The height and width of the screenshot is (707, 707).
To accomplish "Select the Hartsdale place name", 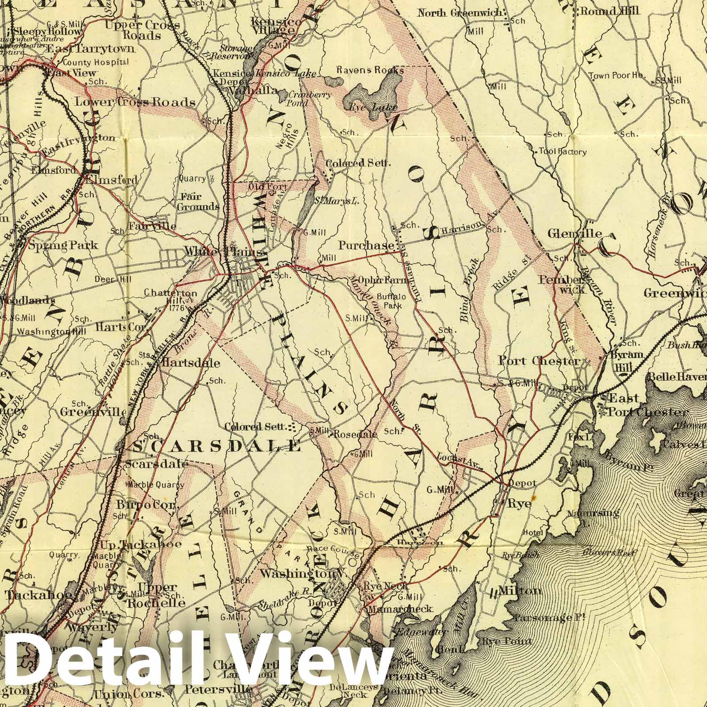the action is point(191,363).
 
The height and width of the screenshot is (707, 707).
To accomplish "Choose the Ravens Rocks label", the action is point(370,70).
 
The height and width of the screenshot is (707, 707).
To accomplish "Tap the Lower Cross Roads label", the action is point(135,103).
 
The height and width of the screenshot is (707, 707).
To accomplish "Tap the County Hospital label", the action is point(96,62).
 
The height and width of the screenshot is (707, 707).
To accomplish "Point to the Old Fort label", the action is point(269,187).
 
